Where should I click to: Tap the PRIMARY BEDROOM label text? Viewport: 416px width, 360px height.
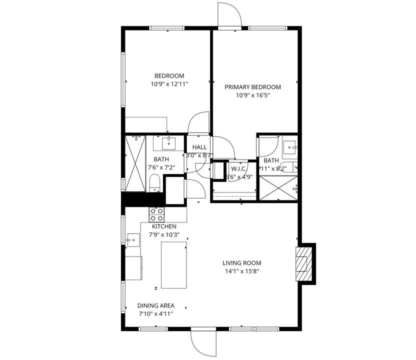coord(252,87)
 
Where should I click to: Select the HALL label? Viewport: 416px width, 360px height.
coord(199,147)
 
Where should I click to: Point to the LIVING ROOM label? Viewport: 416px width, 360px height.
coord(241,263)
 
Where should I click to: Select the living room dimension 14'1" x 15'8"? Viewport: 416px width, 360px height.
coord(241,271)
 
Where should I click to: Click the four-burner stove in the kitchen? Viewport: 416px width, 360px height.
coord(156,214)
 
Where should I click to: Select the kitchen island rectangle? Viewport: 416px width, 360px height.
coord(174,264)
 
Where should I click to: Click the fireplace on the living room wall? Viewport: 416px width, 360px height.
coord(303,263)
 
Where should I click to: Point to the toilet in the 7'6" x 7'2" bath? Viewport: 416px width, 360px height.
coord(154,183)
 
